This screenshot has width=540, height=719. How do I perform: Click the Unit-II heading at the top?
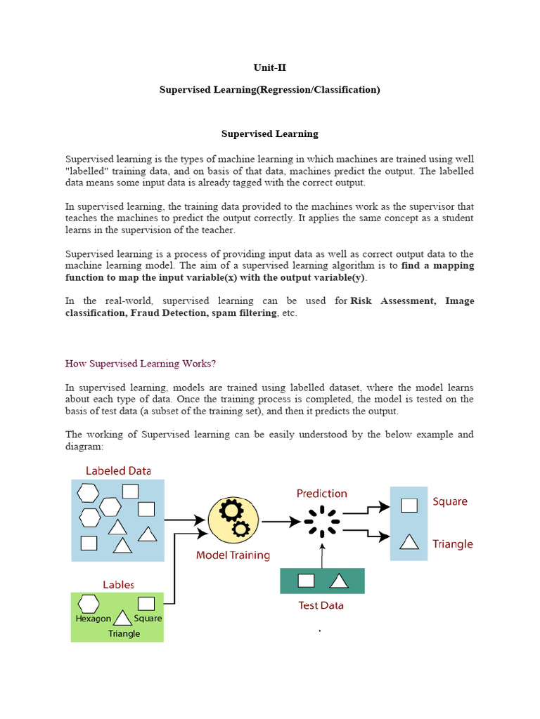tap(269, 68)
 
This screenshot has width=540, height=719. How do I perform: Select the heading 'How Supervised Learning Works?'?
tap(141, 364)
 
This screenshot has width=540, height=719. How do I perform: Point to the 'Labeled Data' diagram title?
tap(118, 470)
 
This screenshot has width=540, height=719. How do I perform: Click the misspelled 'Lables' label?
tap(118, 584)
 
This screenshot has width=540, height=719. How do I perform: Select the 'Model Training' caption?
tap(233, 555)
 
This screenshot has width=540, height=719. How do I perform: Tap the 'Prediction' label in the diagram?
tap(321, 494)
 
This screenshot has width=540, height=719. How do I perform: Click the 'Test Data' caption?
tap(321, 605)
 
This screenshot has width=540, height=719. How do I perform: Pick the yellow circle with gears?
tap(233, 522)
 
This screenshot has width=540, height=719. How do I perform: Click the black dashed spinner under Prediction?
tap(322, 522)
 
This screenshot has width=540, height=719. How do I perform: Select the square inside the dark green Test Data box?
tap(306, 581)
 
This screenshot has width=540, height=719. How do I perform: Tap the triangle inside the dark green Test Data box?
tap(339, 581)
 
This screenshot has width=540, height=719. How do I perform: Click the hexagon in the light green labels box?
tap(88, 604)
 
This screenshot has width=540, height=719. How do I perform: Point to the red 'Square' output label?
tap(450, 502)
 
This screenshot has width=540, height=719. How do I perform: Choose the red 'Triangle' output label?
tap(453, 544)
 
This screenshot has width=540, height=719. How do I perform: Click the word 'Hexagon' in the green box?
tap(94, 619)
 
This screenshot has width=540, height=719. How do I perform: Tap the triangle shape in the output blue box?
tap(409, 541)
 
